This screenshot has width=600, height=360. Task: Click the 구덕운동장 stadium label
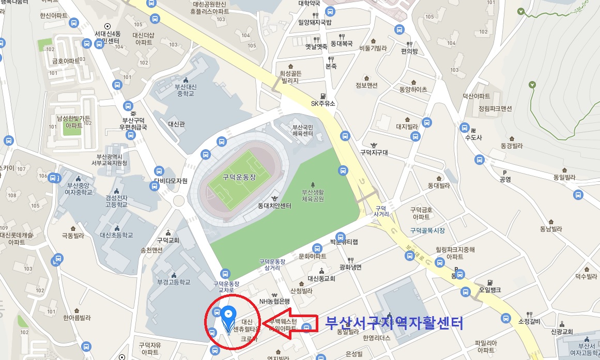[x=239, y=177]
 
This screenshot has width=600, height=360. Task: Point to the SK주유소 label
[x=323, y=103]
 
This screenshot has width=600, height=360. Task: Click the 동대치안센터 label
[x=274, y=206]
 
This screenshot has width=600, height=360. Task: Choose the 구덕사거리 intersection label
[x=381, y=211]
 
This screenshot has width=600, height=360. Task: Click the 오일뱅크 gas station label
[x=489, y=290]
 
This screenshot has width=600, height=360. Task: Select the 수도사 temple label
[x=473, y=138]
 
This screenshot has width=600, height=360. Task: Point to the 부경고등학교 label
[x=174, y=282]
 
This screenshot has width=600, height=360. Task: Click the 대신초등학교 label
[x=116, y=235]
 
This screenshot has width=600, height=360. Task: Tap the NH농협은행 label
[x=274, y=301]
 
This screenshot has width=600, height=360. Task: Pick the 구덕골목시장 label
[x=427, y=230]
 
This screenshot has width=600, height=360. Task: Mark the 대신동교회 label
[x=321, y=278]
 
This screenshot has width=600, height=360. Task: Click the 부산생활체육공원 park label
[x=313, y=196]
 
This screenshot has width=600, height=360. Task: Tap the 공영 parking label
[x=505, y=179]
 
